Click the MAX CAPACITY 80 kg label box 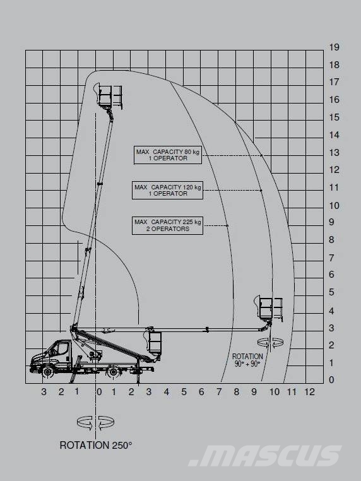tap(168, 155)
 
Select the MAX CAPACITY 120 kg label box tap(167, 191)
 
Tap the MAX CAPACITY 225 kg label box tap(167, 225)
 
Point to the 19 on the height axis tap(334, 47)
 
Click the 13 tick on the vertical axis tap(334, 153)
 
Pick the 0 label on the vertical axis tap(331, 380)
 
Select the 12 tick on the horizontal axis tap(309, 392)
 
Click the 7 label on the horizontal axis tap(219, 392)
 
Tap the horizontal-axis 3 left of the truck tap(44, 392)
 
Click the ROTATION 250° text tap(96, 445)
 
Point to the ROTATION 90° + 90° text tap(247, 360)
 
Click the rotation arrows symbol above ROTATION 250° tap(96, 423)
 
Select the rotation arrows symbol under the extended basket tap(270, 341)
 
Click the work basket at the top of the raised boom tap(110, 96)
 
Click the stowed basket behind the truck tap(154, 341)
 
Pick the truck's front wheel tap(47, 372)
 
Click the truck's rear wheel tap(113, 372)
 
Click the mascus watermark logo tap(265, 456)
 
